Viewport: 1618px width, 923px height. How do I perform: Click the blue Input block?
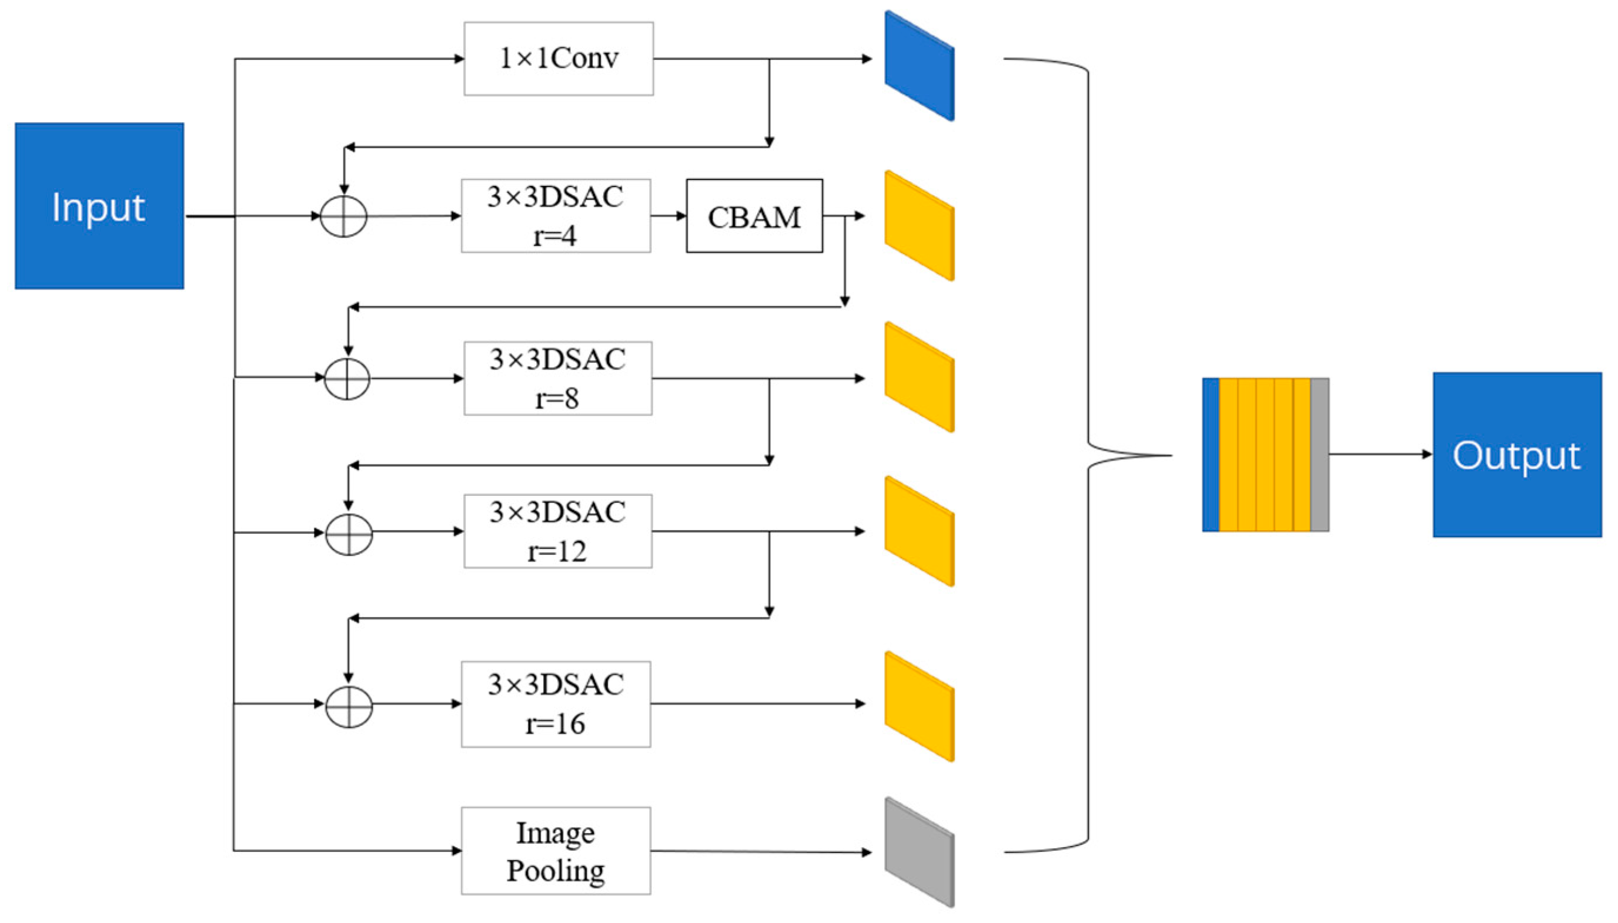99,206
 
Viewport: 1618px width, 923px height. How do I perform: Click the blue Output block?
1517,455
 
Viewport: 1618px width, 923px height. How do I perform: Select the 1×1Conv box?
558,59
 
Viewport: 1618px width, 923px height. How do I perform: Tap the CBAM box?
754,216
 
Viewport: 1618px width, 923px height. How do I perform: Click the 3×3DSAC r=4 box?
556,216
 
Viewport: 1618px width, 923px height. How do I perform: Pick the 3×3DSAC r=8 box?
557,378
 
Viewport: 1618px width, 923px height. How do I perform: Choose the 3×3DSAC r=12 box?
557,531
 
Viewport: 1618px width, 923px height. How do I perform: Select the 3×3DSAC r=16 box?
556,704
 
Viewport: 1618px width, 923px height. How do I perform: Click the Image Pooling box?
556,851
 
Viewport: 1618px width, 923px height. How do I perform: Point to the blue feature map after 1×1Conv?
919,66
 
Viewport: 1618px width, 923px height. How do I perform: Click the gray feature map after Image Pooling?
919,852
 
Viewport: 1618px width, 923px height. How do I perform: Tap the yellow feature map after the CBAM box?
919,226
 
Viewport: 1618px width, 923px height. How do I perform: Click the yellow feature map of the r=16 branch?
919,706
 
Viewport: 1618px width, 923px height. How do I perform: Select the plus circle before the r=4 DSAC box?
343,216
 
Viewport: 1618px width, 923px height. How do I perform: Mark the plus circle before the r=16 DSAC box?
349,705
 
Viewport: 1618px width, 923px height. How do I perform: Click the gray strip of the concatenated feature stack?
1319,455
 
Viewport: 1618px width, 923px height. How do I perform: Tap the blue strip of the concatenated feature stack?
1210,455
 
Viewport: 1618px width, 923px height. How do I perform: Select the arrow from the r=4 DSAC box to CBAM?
668,216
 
